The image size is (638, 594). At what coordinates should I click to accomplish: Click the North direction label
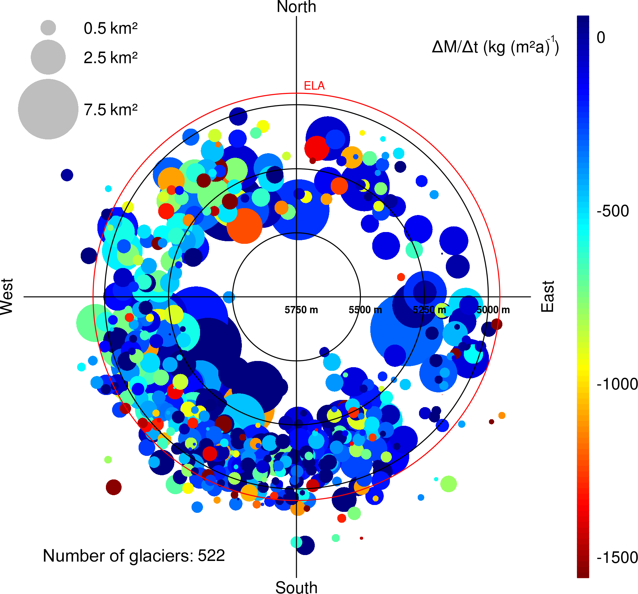pos(296,7)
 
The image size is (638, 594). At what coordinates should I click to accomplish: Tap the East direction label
pos(548,297)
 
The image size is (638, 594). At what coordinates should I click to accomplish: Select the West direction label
pos(7,297)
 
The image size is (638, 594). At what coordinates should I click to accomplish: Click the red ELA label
pos(314,86)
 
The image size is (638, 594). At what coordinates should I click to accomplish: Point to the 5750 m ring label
pos(301,310)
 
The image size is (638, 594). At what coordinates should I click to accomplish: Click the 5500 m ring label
pos(365,310)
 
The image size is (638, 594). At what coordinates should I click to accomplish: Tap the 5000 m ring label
pos(493,310)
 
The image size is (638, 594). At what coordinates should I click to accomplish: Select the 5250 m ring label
pos(429,310)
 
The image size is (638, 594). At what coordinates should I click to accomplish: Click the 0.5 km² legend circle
pos(48,28)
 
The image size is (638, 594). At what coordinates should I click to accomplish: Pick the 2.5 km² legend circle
pos(48,57)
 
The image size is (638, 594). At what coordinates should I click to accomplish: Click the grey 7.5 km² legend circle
pos(48,109)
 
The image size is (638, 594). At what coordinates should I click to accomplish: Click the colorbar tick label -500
pos(613,211)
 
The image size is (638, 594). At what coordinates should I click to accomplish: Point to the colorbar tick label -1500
pos(617,557)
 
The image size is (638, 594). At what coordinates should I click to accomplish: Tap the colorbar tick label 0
pos(601,38)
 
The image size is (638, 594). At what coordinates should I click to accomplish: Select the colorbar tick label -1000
pos(617,384)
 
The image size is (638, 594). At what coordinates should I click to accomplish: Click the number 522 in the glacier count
pos(211,556)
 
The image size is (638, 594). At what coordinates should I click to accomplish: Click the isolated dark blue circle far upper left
pos(67,175)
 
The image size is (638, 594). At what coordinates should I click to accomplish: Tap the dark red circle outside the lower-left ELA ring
pos(114,487)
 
